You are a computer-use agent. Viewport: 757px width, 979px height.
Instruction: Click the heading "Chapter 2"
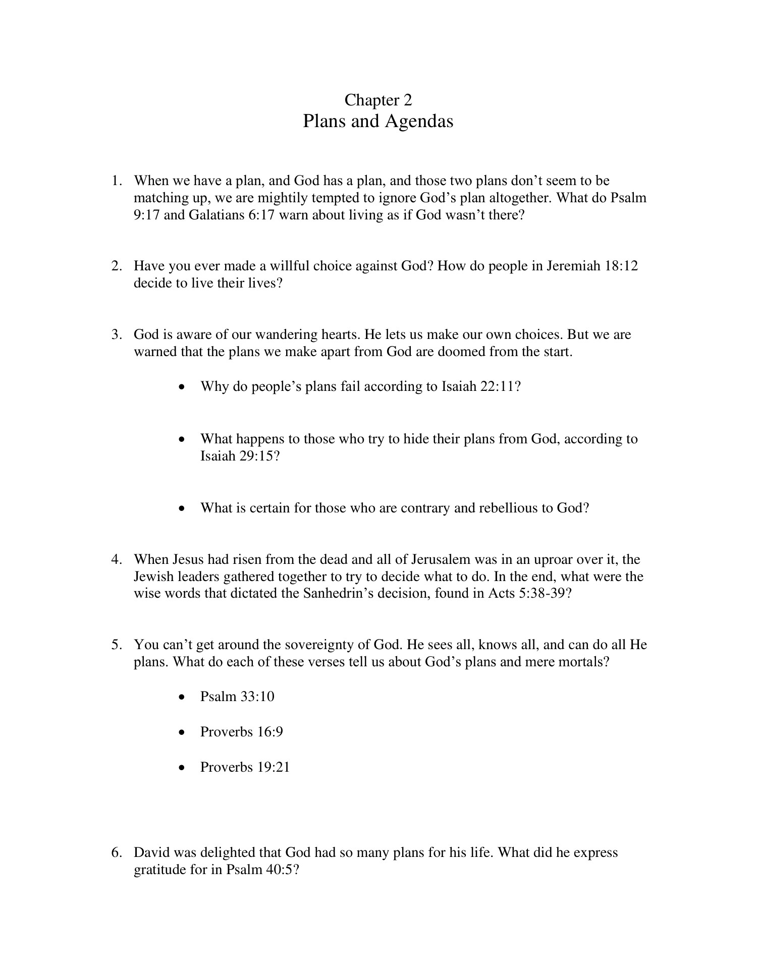(378, 100)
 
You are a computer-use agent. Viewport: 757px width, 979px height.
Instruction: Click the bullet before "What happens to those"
(182, 439)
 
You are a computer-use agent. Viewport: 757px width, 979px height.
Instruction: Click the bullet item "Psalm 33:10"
(237, 697)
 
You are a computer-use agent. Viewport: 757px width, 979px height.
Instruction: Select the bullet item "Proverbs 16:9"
(241, 732)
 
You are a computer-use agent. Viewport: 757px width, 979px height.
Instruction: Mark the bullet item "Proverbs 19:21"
(245, 767)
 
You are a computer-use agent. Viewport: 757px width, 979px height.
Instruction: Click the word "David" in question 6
(152, 853)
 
